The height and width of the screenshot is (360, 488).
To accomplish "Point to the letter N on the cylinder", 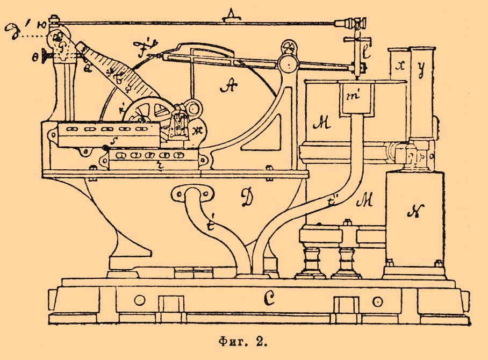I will tap(413, 213).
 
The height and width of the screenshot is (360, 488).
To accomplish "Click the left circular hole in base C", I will tap(141, 299).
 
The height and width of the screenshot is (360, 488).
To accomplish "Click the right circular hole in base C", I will tap(380, 299).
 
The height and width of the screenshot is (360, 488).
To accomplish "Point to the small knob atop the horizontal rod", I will tap(232, 15).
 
